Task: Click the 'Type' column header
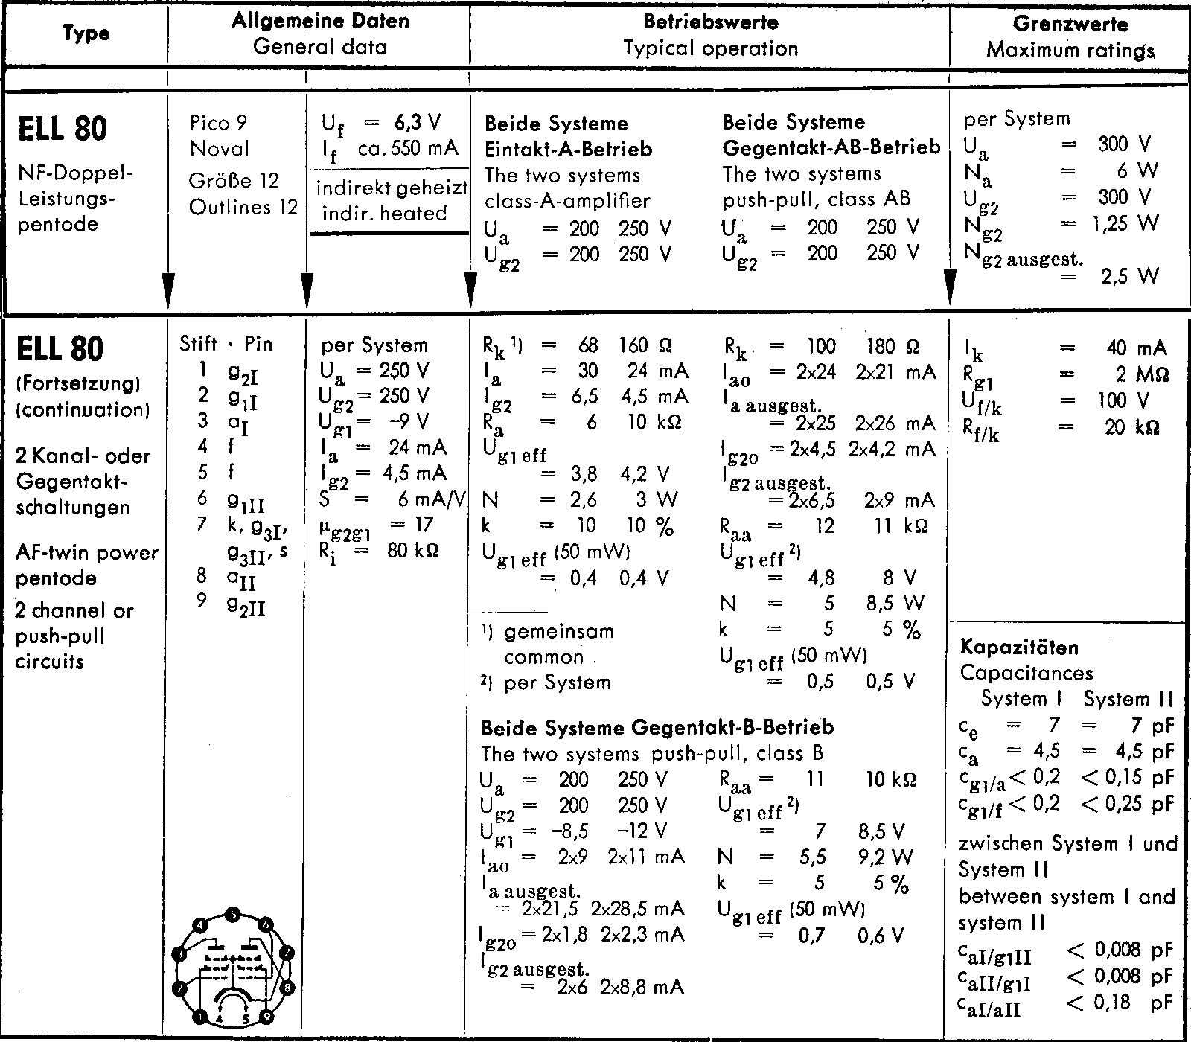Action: click(86, 33)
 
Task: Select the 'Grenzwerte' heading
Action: click(1070, 23)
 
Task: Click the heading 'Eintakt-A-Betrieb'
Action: click(568, 149)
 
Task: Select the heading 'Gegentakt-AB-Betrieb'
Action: click(831, 147)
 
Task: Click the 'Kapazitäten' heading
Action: click(1019, 647)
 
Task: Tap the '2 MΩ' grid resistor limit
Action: click(1140, 374)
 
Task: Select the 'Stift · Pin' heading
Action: click(226, 344)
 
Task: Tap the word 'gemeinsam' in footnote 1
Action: click(559, 632)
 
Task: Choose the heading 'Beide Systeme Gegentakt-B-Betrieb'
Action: click(657, 726)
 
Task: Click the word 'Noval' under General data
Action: click(219, 148)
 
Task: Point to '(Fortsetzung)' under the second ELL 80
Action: click(78, 384)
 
